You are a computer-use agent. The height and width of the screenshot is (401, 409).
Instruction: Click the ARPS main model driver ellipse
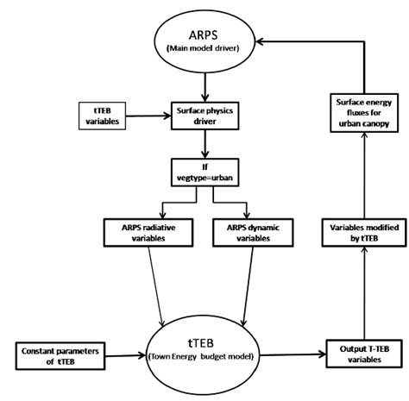coord(205,40)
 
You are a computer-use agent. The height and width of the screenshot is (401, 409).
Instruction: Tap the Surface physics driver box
coord(206,117)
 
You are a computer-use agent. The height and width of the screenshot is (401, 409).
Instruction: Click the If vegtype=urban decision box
coord(206,172)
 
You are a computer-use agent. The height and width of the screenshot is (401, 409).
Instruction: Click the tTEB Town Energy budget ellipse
coord(205,351)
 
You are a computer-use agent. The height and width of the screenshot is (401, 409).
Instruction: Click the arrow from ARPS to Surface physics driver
coord(206,86)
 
